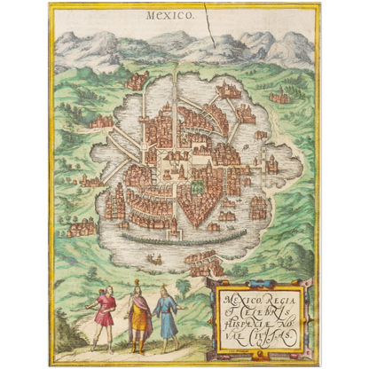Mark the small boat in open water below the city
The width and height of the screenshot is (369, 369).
156,259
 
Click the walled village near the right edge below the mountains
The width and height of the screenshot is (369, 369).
280,94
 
